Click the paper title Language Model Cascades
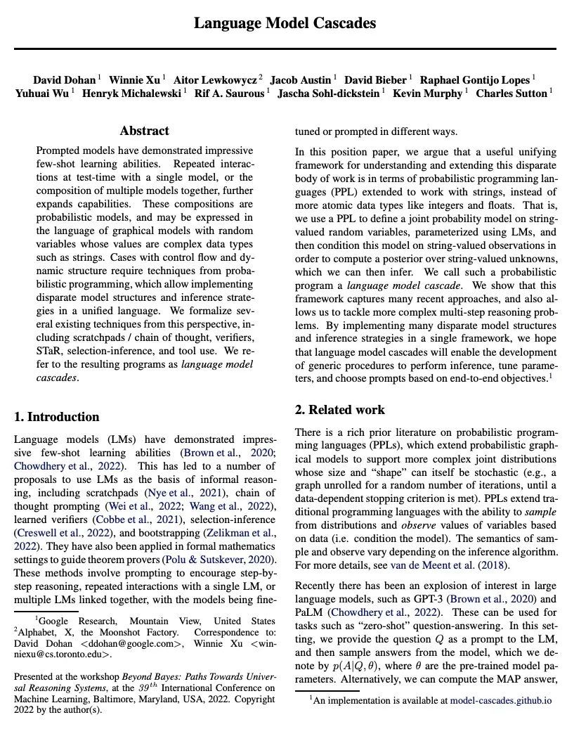(x=285, y=23)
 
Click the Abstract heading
(x=144, y=131)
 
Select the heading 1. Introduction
(x=57, y=417)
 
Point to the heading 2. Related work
(x=340, y=410)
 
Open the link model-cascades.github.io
(x=501, y=700)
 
